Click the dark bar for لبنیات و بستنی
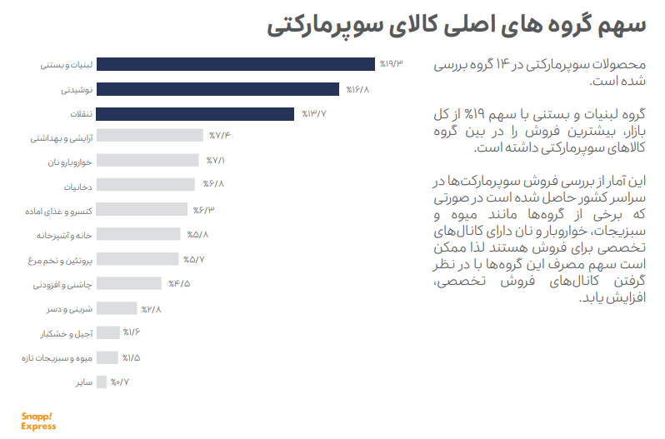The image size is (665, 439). (x=236, y=64)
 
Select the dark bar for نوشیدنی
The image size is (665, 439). (x=218, y=89)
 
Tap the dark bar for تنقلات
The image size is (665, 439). (x=196, y=114)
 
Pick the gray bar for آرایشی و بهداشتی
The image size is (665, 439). (x=150, y=135)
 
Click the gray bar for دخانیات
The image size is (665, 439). (x=146, y=184)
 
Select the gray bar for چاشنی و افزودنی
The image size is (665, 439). (x=129, y=283)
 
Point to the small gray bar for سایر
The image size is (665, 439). (x=102, y=382)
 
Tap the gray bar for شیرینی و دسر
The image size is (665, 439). (x=117, y=308)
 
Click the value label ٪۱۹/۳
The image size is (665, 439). (x=391, y=64)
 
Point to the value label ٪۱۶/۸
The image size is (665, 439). (x=357, y=89)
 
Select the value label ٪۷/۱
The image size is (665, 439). (x=216, y=161)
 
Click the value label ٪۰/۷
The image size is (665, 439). (x=120, y=382)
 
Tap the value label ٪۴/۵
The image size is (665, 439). (x=179, y=283)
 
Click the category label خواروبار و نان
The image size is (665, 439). (x=69, y=162)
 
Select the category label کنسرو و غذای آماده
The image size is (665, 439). (x=58, y=211)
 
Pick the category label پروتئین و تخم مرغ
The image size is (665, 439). (x=60, y=260)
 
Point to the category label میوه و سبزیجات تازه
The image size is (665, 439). (x=57, y=358)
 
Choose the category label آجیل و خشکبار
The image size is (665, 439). (x=66, y=334)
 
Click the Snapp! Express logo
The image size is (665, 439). (x=38, y=422)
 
